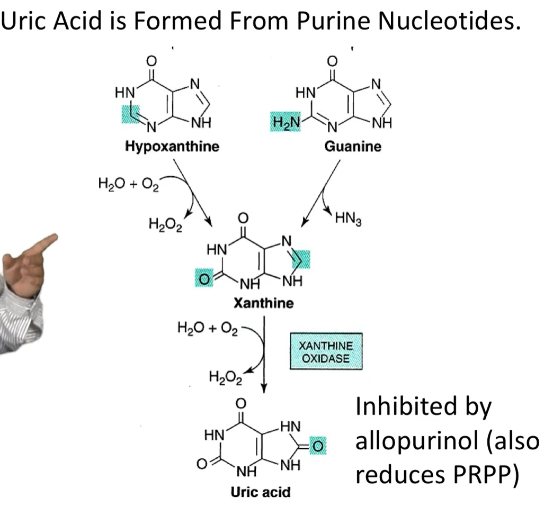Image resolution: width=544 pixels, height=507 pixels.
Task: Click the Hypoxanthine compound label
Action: pyautogui.click(x=172, y=147)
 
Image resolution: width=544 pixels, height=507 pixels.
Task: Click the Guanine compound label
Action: pyautogui.click(x=353, y=146)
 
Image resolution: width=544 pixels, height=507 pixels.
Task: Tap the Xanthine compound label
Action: pyautogui.click(x=264, y=303)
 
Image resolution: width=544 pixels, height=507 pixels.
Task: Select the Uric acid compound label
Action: pyautogui.click(x=261, y=492)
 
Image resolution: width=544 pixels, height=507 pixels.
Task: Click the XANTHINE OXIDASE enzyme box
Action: pyautogui.click(x=326, y=351)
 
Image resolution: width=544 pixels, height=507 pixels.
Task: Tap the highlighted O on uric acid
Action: pyautogui.click(x=318, y=446)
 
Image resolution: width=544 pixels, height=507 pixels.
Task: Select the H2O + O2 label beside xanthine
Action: pyautogui.click(x=208, y=328)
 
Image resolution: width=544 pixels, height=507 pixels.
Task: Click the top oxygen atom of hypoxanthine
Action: pyautogui.click(x=151, y=61)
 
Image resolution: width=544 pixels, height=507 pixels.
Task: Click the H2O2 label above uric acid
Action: pyautogui.click(x=226, y=377)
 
